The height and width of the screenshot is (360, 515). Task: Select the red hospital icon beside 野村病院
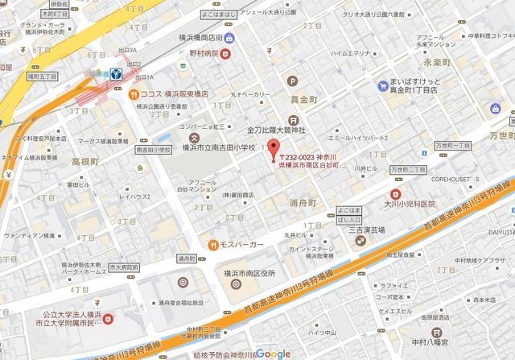point(226,54)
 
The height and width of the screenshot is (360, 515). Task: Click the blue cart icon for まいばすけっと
point(381,85)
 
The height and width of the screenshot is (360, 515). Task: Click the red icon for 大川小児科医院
point(395,193)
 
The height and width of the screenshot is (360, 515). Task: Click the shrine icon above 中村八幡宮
point(437,331)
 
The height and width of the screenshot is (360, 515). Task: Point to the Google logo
point(275,354)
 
